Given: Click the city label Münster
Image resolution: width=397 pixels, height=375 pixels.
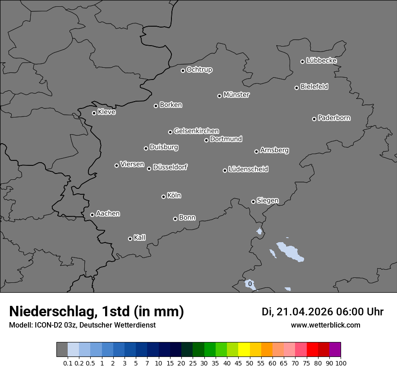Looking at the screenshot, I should point(236,95).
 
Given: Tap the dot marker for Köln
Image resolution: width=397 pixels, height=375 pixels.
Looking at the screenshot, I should point(163,197).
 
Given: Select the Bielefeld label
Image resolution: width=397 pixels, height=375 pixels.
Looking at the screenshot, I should point(314,87).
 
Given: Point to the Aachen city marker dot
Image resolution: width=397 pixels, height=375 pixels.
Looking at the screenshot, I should point(92,215).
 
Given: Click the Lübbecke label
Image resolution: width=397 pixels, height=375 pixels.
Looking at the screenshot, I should point(321,61).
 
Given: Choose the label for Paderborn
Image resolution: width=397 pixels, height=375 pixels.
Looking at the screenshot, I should point(334,118).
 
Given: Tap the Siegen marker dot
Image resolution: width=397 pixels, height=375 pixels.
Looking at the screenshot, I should point(253,202).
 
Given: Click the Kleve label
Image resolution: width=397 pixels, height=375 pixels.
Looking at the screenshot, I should point(106,112).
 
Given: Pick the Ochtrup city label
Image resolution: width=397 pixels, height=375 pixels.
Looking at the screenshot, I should point(199,70).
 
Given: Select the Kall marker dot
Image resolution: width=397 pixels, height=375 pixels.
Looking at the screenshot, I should point(130,239).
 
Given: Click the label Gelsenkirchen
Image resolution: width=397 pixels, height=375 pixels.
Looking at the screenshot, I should point(196,131).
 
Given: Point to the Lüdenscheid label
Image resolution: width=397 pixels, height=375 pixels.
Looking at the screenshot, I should point(248,169).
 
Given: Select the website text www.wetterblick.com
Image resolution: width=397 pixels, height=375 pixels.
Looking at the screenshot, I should point(325,325).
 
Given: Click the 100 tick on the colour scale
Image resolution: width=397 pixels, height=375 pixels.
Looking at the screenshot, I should point(341,363).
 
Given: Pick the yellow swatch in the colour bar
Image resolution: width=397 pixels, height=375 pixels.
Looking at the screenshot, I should point(244,350).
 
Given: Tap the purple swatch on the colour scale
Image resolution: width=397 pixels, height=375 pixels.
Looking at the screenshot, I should point(335,350).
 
